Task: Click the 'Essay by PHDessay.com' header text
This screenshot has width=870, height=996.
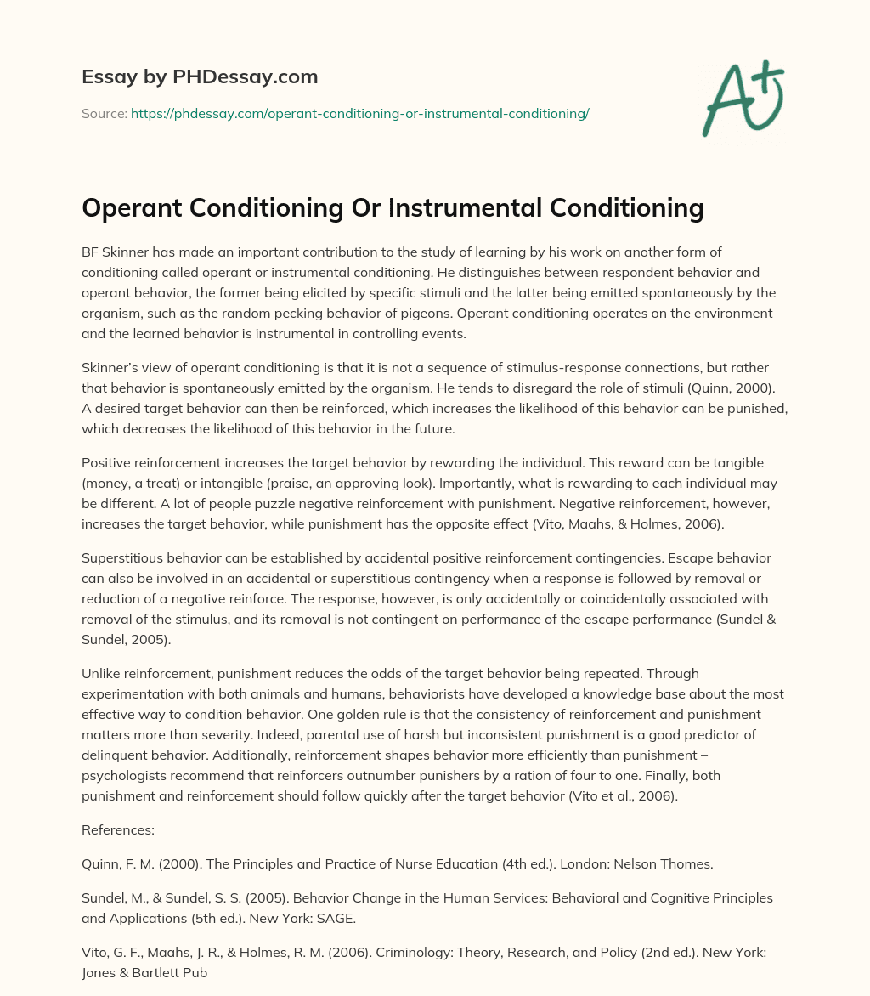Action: click(x=200, y=77)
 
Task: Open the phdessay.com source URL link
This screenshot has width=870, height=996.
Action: click(x=359, y=113)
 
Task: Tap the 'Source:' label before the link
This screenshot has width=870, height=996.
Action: click(x=104, y=113)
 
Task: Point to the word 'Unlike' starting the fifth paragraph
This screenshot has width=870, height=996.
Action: click(x=102, y=674)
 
